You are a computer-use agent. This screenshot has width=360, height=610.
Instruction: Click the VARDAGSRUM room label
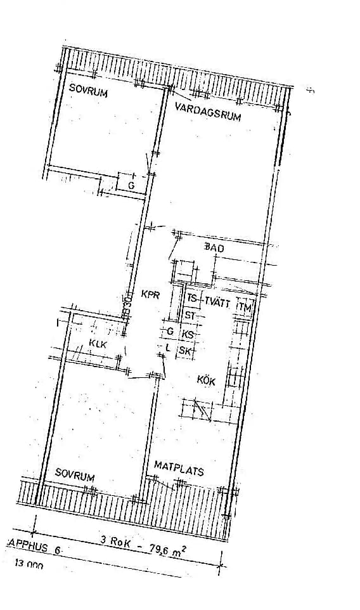pyautogui.click(x=208, y=112)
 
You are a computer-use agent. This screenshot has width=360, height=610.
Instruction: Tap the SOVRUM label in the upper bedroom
pyautogui.click(x=89, y=93)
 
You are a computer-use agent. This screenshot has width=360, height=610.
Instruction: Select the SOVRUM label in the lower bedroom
pyautogui.click(x=74, y=475)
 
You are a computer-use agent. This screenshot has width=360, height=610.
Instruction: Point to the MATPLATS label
pyautogui.click(x=179, y=470)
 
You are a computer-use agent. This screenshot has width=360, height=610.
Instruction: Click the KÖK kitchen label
pyautogui.click(x=206, y=381)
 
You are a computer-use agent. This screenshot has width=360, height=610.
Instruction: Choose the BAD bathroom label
pyautogui.click(x=214, y=249)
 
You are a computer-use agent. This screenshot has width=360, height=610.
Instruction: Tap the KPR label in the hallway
pyautogui.click(x=150, y=295)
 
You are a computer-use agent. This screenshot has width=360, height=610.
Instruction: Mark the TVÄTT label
pyautogui.click(x=217, y=302)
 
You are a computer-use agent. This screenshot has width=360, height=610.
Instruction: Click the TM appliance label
pyautogui.click(x=245, y=307)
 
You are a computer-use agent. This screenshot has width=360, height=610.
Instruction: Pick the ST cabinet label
pyautogui.click(x=190, y=315)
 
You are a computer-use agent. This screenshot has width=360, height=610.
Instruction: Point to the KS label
pyautogui.click(x=187, y=334)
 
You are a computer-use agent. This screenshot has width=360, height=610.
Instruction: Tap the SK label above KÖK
pyautogui.click(x=185, y=351)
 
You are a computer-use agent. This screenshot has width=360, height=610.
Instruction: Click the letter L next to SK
pyautogui.click(x=167, y=347)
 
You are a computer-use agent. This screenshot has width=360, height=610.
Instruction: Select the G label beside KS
pyautogui.click(x=169, y=331)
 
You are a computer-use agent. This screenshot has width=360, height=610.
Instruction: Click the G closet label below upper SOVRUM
pyautogui.click(x=131, y=185)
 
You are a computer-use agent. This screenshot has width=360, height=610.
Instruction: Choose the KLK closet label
pyautogui.click(x=97, y=345)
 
